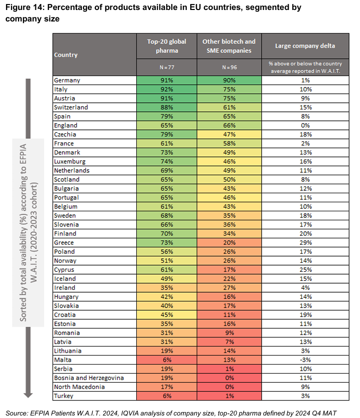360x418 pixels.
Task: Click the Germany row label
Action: coord(67,80)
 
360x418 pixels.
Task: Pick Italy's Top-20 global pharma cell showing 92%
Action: coord(166,89)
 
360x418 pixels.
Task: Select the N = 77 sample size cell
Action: coord(166,67)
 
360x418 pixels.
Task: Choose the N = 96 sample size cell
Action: coord(229,67)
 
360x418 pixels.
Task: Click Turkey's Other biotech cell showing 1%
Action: coord(229,396)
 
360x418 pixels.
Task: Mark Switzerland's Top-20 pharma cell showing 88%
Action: coord(166,107)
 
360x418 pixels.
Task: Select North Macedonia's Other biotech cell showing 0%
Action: coord(229,387)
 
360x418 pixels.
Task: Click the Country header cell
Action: coord(66,54)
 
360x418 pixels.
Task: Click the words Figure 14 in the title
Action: coord(24,8)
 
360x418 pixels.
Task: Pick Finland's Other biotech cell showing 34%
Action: coord(229,233)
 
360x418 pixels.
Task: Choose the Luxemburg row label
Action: coord(69,161)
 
